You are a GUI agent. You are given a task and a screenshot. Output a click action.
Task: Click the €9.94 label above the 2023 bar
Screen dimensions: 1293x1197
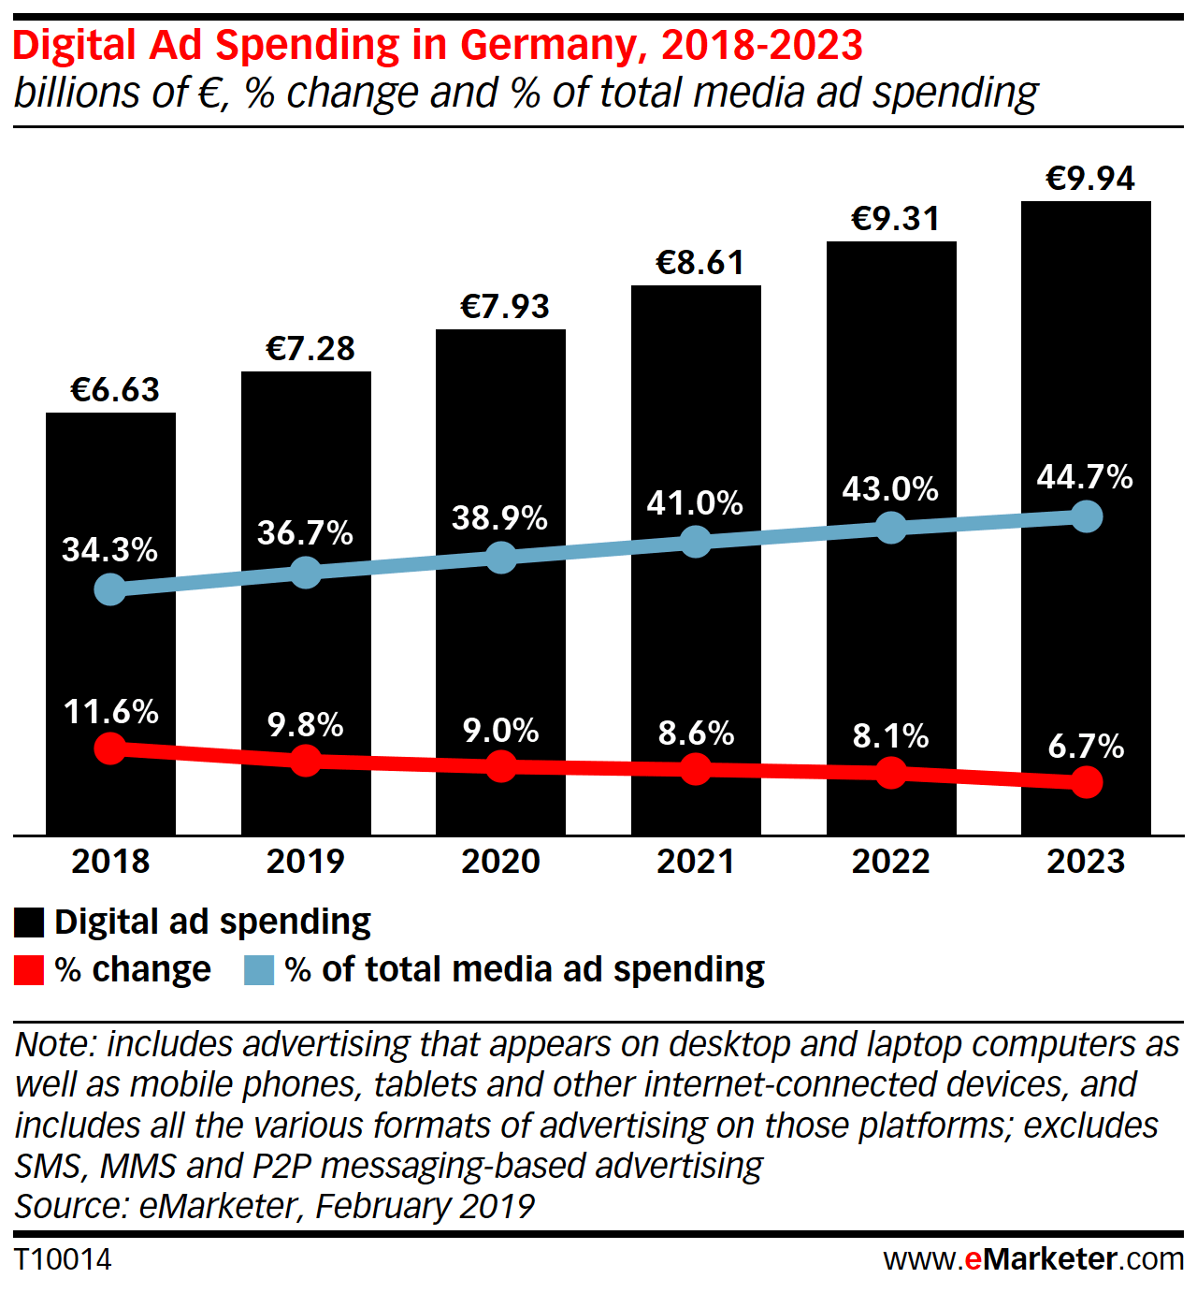(x=1089, y=179)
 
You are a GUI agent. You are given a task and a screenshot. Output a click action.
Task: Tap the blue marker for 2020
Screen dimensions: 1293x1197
(x=501, y=558)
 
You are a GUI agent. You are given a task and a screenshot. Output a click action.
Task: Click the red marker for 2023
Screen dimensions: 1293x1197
(x=1086, y=781)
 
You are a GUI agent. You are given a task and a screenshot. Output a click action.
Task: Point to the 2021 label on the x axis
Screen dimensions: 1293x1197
(x=696, y=861)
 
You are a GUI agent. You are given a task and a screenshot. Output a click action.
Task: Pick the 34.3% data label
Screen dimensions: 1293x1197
(x=110, y=549)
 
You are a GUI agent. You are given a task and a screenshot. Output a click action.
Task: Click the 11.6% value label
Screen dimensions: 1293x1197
(x=110, y=712)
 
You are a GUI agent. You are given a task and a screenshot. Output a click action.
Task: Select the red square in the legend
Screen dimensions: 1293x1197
(x=29, y=970)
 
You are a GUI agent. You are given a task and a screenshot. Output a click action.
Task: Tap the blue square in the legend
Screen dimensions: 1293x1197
(x=259, y=970)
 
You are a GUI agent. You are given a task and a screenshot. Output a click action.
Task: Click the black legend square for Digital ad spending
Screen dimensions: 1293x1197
(x=29, y=923)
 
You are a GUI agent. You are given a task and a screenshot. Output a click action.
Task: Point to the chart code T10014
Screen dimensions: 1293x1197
(x=63, y=1259)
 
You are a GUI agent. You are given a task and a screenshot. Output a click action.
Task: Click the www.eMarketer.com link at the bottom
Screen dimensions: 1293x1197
(x=1033, y=1259)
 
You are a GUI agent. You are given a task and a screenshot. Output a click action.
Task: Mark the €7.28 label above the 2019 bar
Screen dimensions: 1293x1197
(x=310, y=349)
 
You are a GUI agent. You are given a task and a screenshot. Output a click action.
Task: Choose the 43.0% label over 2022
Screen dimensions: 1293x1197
(x=890, y=488)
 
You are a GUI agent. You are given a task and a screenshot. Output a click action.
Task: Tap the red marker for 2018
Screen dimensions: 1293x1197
(x=110, y=748)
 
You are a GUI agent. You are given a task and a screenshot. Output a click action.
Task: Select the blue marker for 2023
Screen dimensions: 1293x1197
(x=1086, y=516)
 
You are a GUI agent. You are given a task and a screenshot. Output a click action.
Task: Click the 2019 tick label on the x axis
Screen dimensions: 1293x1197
(x=306, y=861)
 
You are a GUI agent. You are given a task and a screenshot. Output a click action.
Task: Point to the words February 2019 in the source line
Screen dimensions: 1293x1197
(x=425, y=1206)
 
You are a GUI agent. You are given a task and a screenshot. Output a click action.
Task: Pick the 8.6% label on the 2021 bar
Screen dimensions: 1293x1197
(x=696, y=733)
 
